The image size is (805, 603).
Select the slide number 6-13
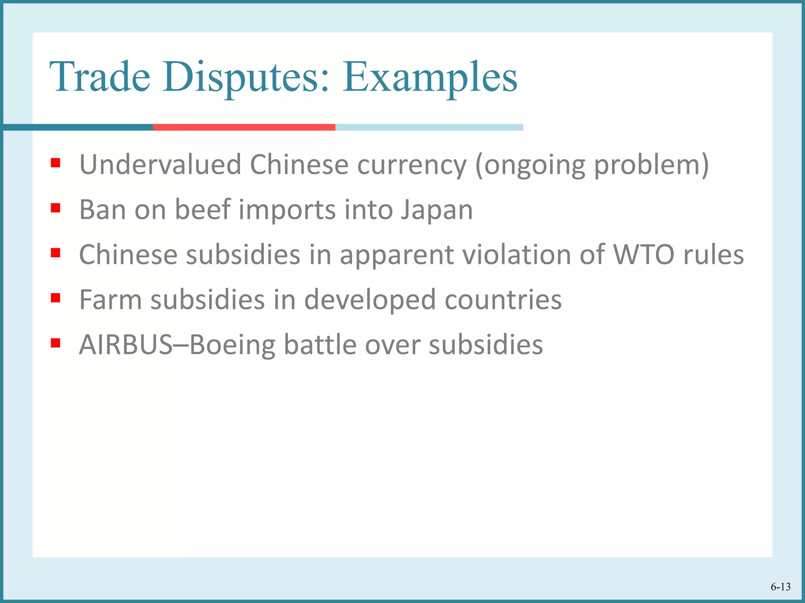(780, 587)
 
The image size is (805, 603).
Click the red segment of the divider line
(244, 127)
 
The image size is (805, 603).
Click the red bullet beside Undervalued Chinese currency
(55, 163)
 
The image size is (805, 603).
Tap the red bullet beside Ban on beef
(55, 208)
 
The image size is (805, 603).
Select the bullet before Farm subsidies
(55, 298)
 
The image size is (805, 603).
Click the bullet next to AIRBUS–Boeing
(55, 343)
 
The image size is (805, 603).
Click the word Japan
(437, 210)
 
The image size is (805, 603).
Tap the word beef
(202, 210)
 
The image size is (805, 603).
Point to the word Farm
(110, 300)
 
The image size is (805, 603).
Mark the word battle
(320, 345)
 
